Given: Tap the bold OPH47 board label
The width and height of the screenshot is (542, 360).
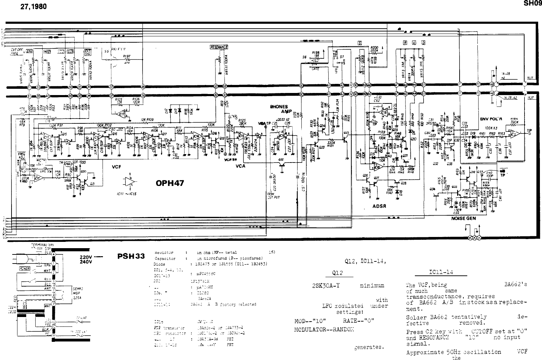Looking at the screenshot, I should click(170, 183).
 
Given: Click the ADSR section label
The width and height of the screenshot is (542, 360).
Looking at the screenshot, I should click(379, 206).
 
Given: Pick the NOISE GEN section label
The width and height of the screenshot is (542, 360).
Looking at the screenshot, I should click(463, 218).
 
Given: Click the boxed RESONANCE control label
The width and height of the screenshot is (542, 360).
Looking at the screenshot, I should click(219, 47).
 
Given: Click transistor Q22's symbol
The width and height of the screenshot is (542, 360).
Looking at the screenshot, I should click(281, 161).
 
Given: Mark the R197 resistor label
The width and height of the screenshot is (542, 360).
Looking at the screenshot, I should click(127, 56).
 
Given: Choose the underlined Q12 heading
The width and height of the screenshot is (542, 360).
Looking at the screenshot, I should click(339, 274).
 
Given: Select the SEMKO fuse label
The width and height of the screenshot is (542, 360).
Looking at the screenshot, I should click(77, 288).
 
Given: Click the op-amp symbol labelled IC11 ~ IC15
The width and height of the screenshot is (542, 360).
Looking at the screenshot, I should click(129, 181).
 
